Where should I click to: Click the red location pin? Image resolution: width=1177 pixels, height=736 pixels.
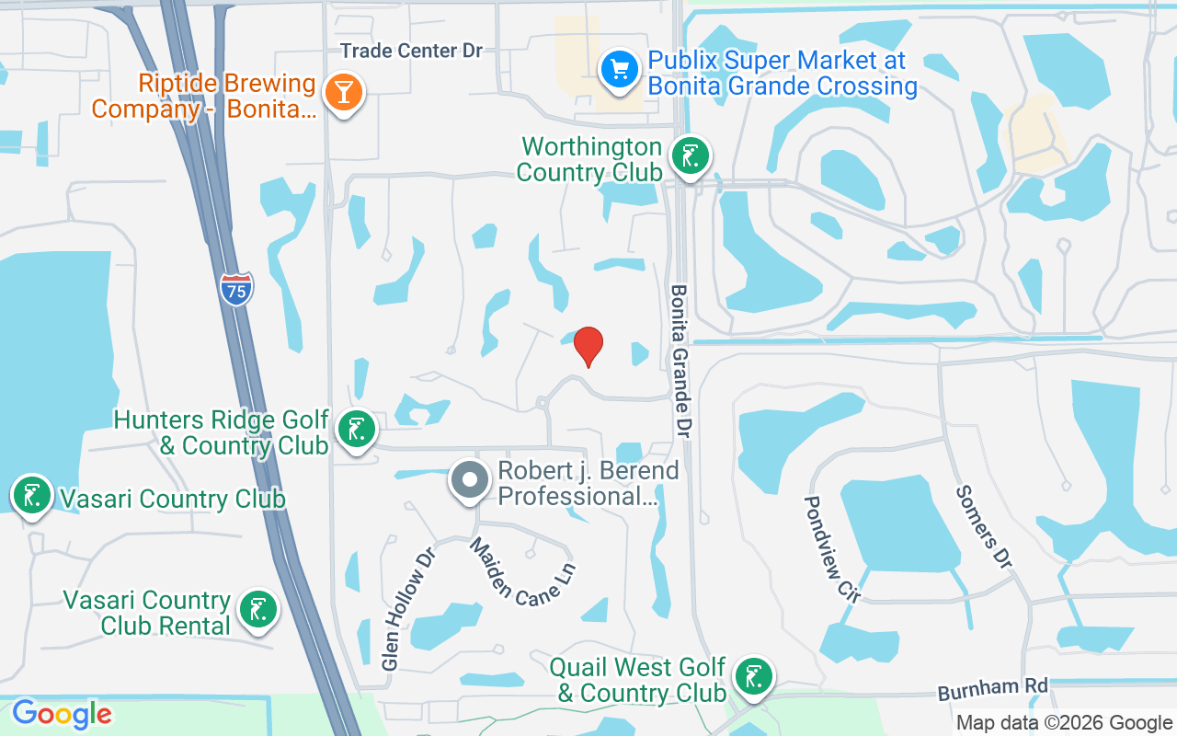point(588,345)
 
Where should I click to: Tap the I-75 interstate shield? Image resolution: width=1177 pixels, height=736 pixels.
point(236,289)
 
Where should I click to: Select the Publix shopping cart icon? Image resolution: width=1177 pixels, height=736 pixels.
point(620,69)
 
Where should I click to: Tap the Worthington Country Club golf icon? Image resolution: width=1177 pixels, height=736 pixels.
point(689,155)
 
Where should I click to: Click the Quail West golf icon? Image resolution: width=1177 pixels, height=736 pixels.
point(754,678)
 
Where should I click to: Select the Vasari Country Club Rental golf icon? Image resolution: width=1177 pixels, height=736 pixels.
point(257,609)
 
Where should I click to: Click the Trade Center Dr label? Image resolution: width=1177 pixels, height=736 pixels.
point(411,51)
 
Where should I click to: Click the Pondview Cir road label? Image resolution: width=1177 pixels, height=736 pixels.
point(831,549)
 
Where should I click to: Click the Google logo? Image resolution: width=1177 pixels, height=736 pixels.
point(62,714)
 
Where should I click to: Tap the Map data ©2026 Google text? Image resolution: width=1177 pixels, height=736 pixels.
point(1064,723)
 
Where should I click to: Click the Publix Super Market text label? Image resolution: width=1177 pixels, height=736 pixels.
point(783,74)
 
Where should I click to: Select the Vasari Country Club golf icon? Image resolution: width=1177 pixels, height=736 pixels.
point(32,495)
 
